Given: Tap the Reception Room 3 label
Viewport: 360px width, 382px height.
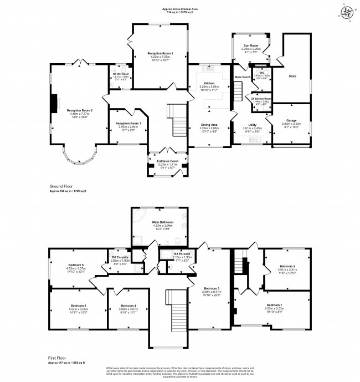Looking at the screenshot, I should click(160, 53).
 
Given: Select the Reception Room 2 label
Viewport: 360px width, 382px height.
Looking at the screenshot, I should click(80, 110).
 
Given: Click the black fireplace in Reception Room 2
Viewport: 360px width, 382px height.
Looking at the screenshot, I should click(54, 103).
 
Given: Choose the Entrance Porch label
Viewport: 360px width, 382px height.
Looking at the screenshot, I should click(167, 161).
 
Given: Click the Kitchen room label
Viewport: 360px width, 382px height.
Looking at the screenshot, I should click(209, 83).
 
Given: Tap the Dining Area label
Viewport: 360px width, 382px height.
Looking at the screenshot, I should click(209, 125).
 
